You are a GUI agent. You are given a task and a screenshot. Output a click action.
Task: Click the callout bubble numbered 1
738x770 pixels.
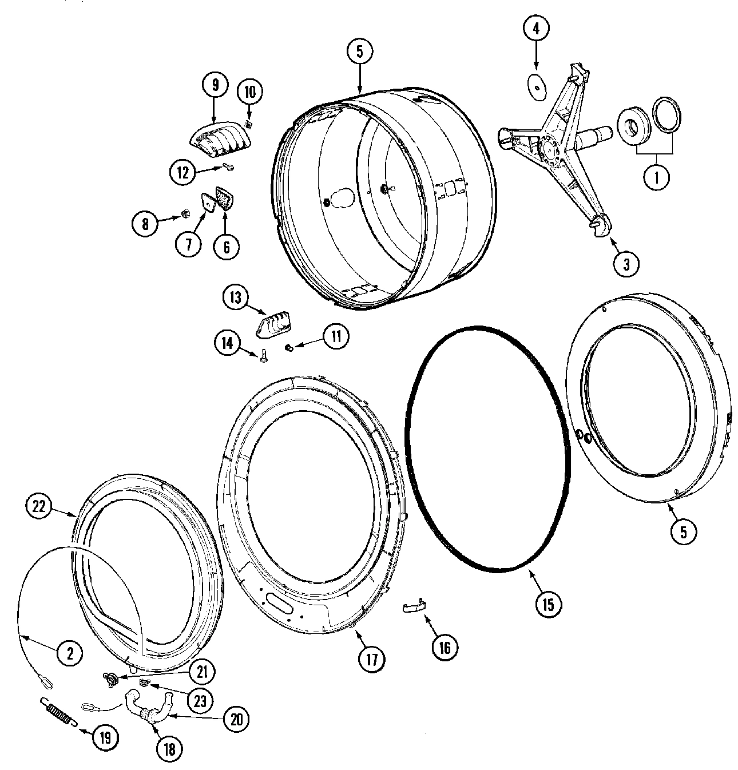pos(656,177)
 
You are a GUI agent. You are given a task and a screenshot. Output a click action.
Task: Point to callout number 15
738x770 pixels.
pos(548,604)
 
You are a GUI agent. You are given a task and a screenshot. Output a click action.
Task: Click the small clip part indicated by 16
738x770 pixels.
pos(415,606)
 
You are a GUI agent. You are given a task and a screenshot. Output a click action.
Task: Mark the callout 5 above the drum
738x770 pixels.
pos(359,51)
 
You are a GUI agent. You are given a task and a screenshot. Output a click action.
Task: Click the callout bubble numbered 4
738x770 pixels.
pos(536,29)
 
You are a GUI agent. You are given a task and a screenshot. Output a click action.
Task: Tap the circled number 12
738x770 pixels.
pos(182,172)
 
